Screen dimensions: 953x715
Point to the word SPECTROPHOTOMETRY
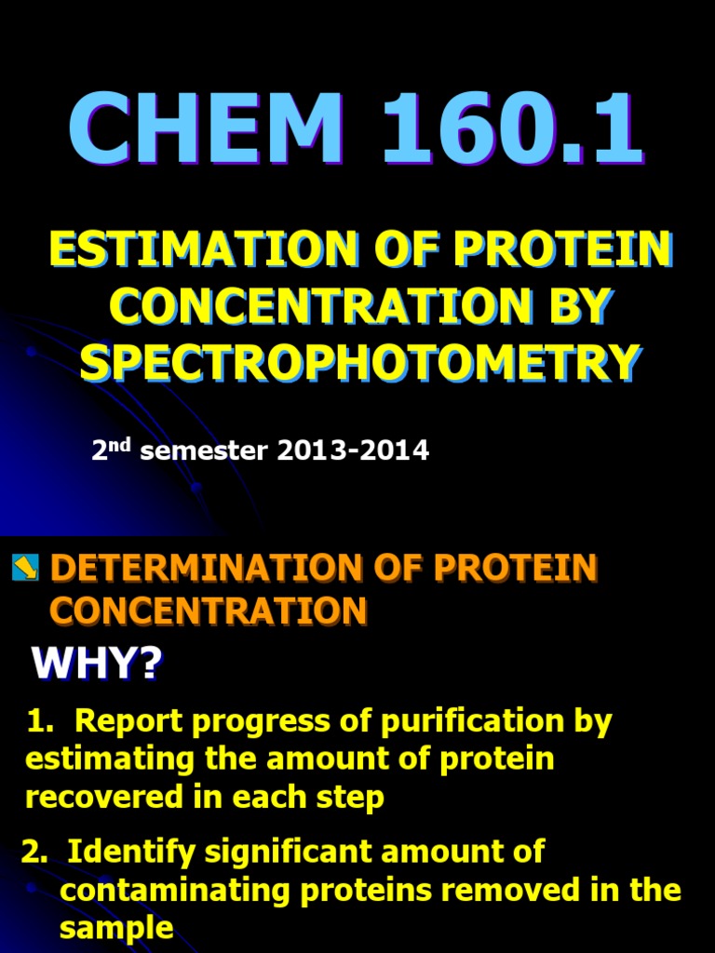(x=360, y=361)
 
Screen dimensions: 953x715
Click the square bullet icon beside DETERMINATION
(x=25, y=567)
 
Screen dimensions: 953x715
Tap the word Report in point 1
(x=131, y=723)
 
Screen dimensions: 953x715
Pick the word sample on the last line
(x=115, y=928)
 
